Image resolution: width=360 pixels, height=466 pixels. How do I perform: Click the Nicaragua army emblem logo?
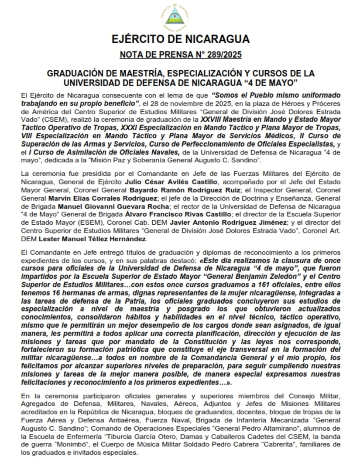pos(180,17)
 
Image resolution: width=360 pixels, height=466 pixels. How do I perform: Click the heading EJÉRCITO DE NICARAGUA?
pos(180,39)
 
